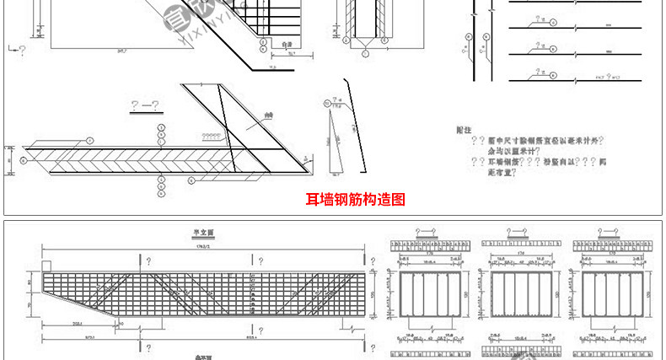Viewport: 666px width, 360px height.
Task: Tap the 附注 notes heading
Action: point(461,131)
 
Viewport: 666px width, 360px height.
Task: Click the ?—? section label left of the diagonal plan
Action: point(145,105)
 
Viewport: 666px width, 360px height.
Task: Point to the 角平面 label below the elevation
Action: point(202,357)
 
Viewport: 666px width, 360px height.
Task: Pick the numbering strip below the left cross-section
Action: point(429,350)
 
